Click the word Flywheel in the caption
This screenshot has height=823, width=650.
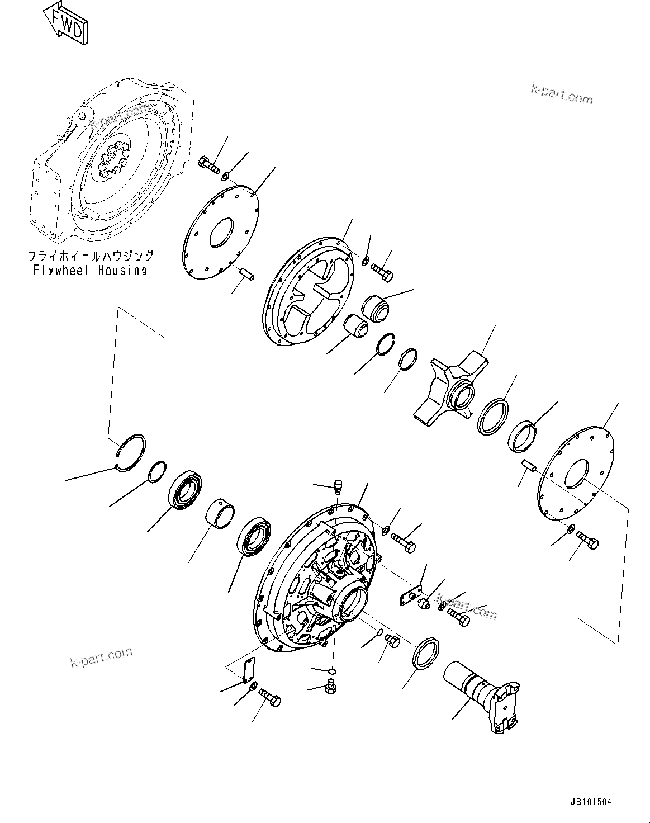[x=61, y=271]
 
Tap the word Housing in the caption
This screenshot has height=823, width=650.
[x=122, y=271]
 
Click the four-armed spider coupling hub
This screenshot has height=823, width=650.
[x=450, y=391]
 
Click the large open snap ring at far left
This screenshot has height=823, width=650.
[x=131, y=453]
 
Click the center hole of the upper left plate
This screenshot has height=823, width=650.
[x=221, y=232]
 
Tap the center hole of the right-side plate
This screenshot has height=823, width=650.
[x=576, y=474]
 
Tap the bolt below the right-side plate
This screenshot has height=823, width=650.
[x=587, y=541]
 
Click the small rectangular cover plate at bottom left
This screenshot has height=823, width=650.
[x=249, y=670]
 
